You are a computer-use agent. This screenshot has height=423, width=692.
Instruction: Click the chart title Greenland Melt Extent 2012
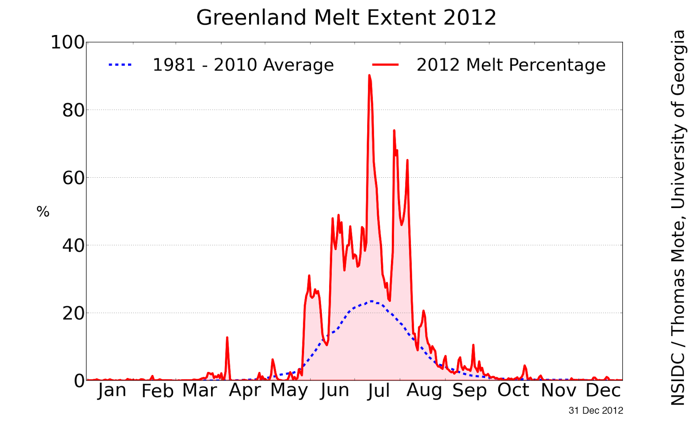pyautogui.click(x=346, y=18)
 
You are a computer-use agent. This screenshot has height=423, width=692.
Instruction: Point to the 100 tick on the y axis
pyautogui.click(x=68, y=42)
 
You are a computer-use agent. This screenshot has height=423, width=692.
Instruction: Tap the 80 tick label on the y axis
pyautogui.click(x=73, y=110)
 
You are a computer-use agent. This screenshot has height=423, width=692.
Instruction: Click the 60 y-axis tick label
pyautogui.click(x=73, y=178)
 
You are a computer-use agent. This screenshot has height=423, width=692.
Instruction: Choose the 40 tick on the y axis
pyautogui.click(x=73, y=245)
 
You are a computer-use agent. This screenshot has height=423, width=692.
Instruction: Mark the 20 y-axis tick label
pyautogui.click(x=73, y=313)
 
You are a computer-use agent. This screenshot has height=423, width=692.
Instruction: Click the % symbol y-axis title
pyautogui.click(x=43, y=212)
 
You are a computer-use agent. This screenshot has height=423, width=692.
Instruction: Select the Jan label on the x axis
pyautogui.click(x=112, y=390)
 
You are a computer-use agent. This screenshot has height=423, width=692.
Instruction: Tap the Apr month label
pyautogui.click(x=245, y=390)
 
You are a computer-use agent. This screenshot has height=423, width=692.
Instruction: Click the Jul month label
pyautogui.click(x=379, y=391)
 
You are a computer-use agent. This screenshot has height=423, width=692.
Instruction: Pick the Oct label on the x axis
pyautogui.click(x=513, y=390)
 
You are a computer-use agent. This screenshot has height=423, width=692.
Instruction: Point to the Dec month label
pyautogui.click(x=603, y=390)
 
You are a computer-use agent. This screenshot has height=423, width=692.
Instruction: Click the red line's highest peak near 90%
pyautogui.click(x=369, y=76)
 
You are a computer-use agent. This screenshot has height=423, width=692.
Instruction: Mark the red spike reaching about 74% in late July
pyautogui.click(x=394, y=131)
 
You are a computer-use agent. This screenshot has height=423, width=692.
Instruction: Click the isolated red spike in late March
pyautogui.click(x=227, y=338)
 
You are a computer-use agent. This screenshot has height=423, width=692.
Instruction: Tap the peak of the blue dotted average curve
pyautogui.click(x=372, y=301)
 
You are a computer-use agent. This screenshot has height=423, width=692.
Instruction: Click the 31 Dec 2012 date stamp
pyautogui.click(x=596, y=410)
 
